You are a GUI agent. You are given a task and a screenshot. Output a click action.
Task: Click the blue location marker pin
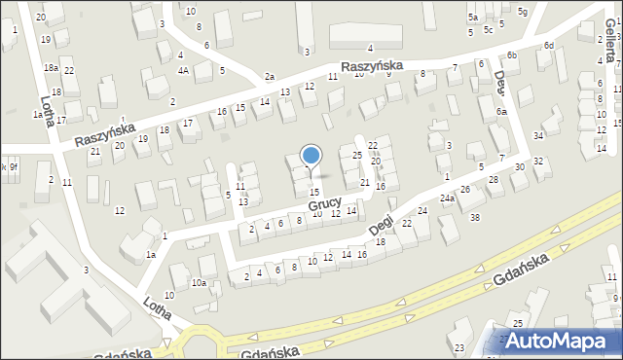311,156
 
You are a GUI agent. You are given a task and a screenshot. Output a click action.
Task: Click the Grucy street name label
325,205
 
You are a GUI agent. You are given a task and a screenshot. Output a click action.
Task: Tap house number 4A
183,70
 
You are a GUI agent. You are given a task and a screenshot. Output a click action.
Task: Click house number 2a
270,77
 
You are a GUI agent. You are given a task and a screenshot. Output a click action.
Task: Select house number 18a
51,68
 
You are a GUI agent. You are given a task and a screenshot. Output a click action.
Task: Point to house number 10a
199,283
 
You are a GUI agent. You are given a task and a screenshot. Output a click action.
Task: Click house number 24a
447,198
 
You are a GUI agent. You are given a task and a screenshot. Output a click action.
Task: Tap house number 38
475,217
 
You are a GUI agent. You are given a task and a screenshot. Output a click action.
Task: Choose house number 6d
549,46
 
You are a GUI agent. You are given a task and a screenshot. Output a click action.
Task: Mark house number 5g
523,11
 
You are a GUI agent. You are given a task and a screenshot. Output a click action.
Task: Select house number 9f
14,167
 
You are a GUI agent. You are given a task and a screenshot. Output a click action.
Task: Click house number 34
538,135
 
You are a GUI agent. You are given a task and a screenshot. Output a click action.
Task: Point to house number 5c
489,29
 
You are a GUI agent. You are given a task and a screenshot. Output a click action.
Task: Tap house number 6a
501,113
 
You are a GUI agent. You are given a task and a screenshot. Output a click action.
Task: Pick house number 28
494,180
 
